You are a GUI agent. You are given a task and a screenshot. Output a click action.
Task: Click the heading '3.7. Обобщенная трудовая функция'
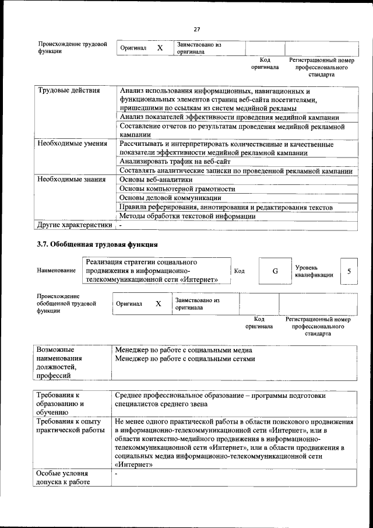click(x=97, y=243)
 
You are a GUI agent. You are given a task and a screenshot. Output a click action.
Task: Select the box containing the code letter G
click(x=275, y=271)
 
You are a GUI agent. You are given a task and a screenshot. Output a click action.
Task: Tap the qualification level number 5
click(x=349, y=271)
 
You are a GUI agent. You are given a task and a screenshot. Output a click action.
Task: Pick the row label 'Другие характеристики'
click(x=74, y=225)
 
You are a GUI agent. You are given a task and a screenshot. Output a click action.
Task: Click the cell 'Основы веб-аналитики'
click(x=156, y=179)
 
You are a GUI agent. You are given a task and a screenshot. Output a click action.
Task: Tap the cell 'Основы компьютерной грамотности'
click(x=177, y=189)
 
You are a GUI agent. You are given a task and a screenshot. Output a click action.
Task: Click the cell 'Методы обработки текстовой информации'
click(x=187, y=216)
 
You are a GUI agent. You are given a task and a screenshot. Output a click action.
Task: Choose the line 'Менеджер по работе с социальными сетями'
click(x=185, y=359)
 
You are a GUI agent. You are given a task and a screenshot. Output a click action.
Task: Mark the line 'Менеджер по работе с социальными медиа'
click(x=184, y=350)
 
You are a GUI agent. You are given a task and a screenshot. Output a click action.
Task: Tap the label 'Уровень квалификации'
click(x=314, y=271)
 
